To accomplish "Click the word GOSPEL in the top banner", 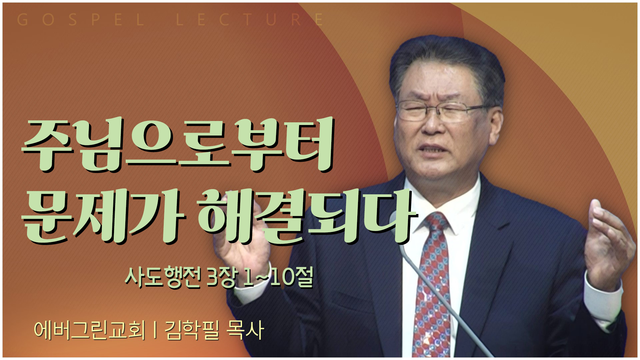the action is pos(81,20).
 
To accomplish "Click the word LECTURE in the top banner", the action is pos(250,20).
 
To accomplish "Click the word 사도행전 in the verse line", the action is pos(163,277).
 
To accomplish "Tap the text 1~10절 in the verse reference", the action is pos(278,277).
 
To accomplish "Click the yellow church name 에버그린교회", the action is pos(90,330).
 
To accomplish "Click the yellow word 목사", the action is pos(245,330).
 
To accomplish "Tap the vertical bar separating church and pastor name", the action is pos(155,330).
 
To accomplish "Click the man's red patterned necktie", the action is pos(432,287).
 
